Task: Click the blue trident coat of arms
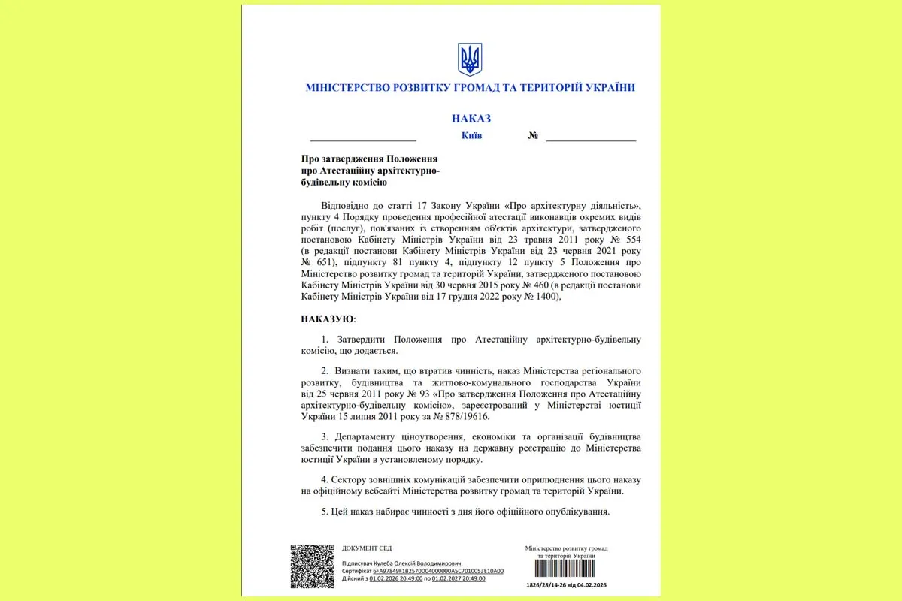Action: [x=470, y=59]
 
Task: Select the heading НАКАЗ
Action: [x=471, y=118]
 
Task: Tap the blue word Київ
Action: [x=471, y=136]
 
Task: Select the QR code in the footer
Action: [x=312, y=566]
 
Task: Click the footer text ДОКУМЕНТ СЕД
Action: [x=366, y=548]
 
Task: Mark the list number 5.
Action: [x=323, y=512]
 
